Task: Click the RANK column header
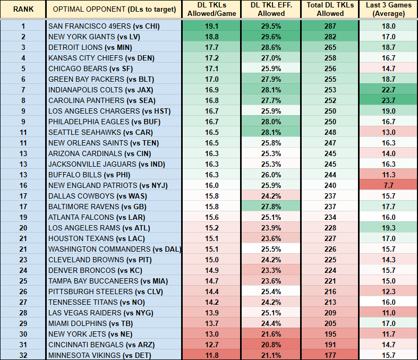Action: coord(23,10)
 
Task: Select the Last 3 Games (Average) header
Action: coord(388,10)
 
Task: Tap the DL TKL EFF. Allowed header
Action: coord(271,10)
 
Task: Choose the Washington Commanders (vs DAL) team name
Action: coord(114,249)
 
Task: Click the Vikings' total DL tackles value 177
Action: coord(330,355)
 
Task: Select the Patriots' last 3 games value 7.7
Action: coord(388,185)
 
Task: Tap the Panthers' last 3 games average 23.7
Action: coord(388,100)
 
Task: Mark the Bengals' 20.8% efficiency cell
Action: coord(271,345)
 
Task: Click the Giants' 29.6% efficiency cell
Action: coord(271,37)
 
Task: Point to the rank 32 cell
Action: coord(23,355)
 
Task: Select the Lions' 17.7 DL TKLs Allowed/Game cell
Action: coord(211,47)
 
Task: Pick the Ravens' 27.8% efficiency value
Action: coord(271,207)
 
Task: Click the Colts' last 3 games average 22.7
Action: coord(388,90)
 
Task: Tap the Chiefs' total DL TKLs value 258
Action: coord(330,58)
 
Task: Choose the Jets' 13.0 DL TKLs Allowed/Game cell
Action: coord(211,334)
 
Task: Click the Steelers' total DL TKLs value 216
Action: coord(330,292)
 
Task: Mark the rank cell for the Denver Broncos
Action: coord(23,270)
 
